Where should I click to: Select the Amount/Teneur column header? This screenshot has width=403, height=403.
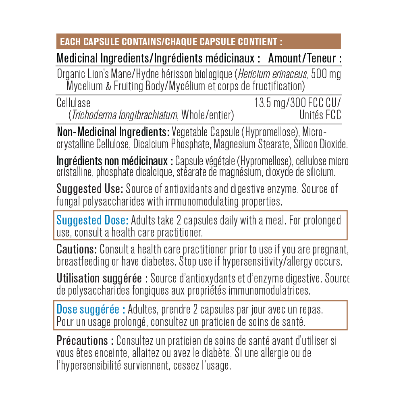tap(305, 58)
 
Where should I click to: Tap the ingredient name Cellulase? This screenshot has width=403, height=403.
tap(74, 103)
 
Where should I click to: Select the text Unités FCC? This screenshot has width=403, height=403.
tap(320, 115)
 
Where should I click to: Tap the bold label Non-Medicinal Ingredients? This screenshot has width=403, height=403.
tap(113, 132)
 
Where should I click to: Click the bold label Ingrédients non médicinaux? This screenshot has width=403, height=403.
tap(115, 161)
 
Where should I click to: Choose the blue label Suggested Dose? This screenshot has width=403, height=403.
tap(92, 220)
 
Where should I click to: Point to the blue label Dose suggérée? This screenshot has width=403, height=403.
tap(91, 310)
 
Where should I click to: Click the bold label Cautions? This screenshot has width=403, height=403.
tap(77, 249)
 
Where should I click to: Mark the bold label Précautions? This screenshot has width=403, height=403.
tap(85, 341)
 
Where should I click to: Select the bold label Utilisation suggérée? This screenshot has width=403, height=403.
tap(102, 278)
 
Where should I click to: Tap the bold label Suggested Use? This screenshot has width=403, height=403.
tap(89, 189)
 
